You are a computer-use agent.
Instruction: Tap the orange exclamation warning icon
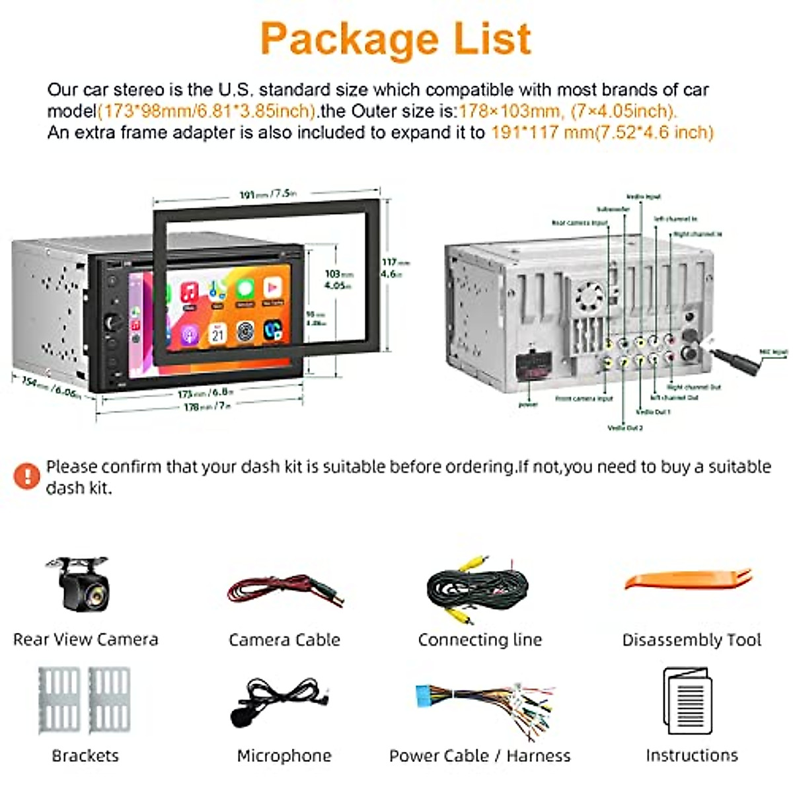coord(27,476)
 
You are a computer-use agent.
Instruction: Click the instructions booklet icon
coord(687,702)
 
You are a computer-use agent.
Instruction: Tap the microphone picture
coord(281,702)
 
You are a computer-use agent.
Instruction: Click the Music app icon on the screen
coord(190,293)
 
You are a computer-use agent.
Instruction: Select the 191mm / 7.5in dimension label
coord(268,194)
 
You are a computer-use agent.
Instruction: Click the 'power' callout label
coord(528,404)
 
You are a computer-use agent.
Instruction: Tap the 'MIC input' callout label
coord(773,353)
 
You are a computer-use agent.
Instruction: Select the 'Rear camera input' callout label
coord(580,223)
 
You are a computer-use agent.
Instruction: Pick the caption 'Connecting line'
coord(480,640)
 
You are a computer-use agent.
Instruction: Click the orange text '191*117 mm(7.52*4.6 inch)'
coord(602,132)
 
